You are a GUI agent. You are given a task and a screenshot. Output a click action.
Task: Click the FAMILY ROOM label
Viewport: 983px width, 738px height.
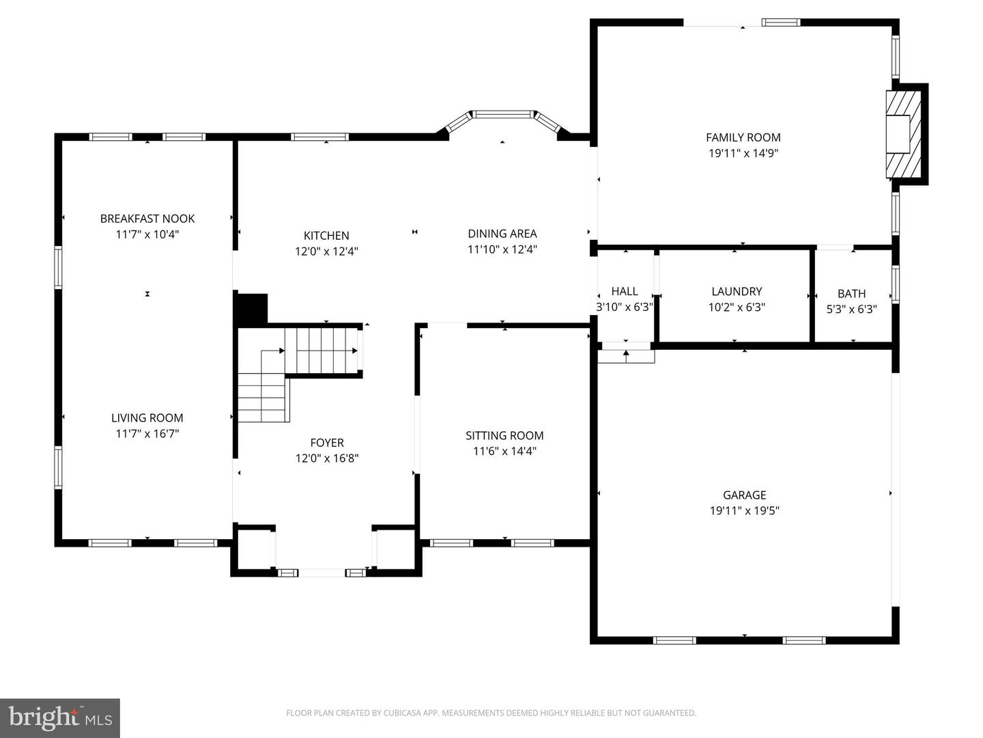pos(743,137)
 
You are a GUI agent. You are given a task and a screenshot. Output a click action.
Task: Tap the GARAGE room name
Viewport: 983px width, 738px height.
pos(744,495)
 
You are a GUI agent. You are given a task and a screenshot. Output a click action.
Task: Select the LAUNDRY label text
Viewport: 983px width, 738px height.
pos(737,291)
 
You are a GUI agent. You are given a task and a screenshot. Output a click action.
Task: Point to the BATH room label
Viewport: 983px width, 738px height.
pos(851,294)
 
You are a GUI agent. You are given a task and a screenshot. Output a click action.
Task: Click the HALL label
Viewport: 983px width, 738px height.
pos(625,291)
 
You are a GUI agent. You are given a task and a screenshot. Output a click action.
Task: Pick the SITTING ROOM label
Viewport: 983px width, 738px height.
pos(504,435)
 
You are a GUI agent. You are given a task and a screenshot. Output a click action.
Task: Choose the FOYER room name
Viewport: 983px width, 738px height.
pos(327,443)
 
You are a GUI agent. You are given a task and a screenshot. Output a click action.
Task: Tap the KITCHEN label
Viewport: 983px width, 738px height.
pos(326,236)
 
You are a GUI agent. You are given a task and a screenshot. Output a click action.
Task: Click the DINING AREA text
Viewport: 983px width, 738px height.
pos(502,234)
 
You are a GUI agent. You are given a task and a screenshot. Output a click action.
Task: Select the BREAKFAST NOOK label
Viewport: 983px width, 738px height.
pos(147,219)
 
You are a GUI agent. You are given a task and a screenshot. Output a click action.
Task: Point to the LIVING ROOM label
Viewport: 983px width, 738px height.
pos(147,418)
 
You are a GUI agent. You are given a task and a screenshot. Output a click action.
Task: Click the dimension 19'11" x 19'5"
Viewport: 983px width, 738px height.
pos(744,510)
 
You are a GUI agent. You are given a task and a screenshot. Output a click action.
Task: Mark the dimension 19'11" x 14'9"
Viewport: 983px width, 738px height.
pos(743,153)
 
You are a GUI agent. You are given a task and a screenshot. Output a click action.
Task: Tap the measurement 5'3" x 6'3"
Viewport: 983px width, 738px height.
pos(851,309)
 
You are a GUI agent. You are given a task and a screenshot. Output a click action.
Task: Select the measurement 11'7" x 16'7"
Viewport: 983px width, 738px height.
pos(147,433)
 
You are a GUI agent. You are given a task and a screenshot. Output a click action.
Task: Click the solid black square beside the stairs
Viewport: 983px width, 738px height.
pos(251,309)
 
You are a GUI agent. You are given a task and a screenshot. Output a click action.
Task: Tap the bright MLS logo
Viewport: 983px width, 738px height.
pos(60,717)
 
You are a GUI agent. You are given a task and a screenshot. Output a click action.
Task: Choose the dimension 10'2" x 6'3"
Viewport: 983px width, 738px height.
pos(737,307)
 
